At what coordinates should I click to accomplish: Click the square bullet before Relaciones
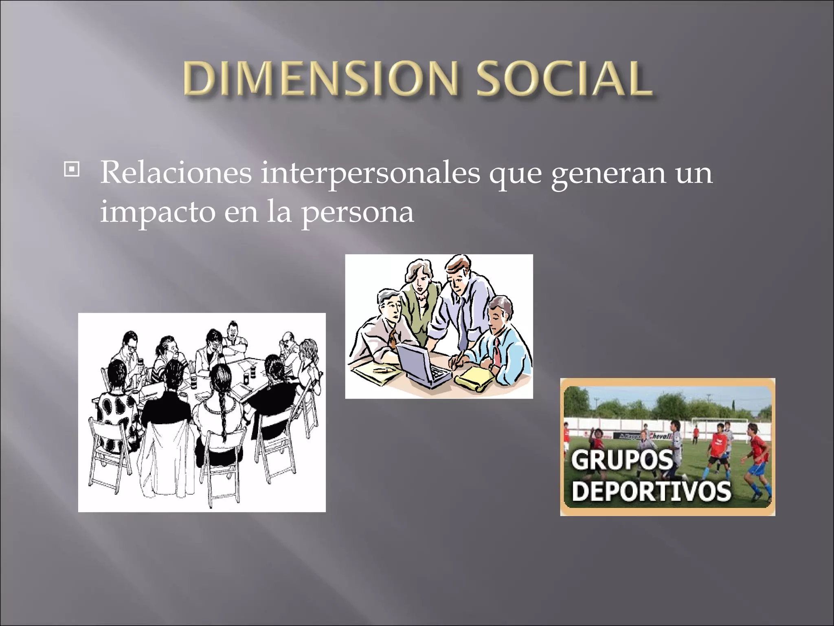point(72,169)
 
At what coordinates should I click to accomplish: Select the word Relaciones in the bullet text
point(176,173)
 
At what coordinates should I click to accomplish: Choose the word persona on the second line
point(357,213)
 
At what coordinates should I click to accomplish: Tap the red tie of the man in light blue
point(497,353)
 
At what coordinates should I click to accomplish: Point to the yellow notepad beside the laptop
point(474,377)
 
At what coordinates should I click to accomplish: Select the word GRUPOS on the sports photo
point(622,460)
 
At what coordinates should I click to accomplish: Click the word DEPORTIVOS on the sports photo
point(651,491)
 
